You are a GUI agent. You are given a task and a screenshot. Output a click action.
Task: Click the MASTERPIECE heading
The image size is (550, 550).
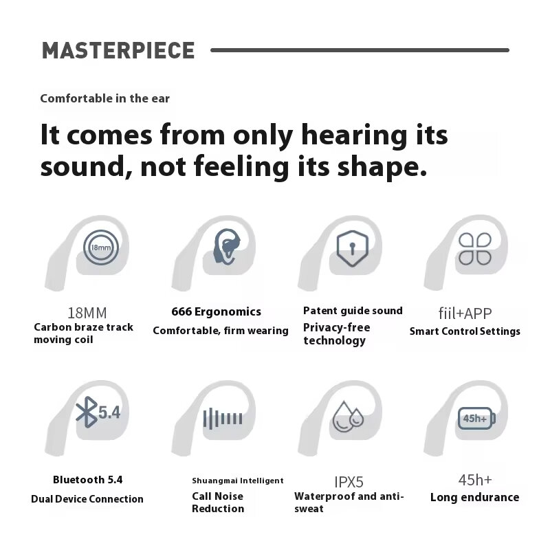pos(118,50)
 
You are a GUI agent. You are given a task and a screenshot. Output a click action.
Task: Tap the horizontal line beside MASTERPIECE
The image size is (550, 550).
pos(360,50)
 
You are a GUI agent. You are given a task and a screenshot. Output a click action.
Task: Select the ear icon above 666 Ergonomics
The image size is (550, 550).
pos(227,247)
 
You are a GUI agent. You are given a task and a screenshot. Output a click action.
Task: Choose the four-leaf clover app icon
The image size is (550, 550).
pos(475,249)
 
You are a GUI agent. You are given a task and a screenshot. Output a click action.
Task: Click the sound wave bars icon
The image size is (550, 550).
pos(223,419)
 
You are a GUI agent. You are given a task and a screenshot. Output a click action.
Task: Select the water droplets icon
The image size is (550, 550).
pos(348,417)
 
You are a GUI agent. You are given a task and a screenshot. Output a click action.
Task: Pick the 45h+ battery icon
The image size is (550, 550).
pos(476,418)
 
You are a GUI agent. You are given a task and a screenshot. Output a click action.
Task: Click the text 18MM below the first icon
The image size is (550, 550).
pos(87,313)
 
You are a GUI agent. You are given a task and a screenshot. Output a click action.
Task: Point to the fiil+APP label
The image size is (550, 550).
pos(465,313)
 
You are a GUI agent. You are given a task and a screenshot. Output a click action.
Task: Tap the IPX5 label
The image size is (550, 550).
pos(349,482)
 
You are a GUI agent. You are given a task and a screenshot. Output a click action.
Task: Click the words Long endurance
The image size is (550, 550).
pos(475,497)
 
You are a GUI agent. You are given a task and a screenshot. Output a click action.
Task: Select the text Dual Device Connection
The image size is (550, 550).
pos(87,499)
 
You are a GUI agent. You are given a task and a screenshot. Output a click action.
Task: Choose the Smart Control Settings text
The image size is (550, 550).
pos(465,331)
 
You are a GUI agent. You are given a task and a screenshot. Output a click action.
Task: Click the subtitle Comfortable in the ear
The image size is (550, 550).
pos(105,98)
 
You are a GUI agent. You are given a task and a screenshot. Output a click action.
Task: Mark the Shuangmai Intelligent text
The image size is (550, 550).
pos(238,481)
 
